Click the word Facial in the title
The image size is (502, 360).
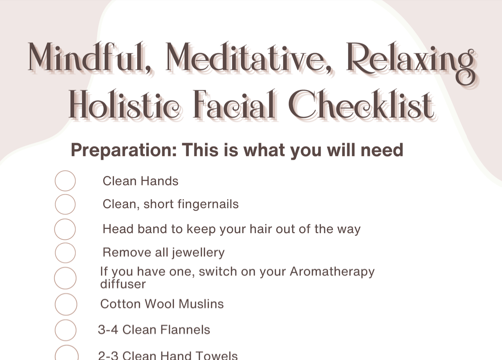click(x=235, y=105)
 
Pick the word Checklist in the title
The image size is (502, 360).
click(x=361, y=105)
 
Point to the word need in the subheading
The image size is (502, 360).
click(x=382, y=150)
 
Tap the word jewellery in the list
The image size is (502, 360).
click(x=198, y=253)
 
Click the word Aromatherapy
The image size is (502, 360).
click(x=332, y=272)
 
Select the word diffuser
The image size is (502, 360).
click(x=123, y=284)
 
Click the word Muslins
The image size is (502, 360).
click(x=201, y=304)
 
